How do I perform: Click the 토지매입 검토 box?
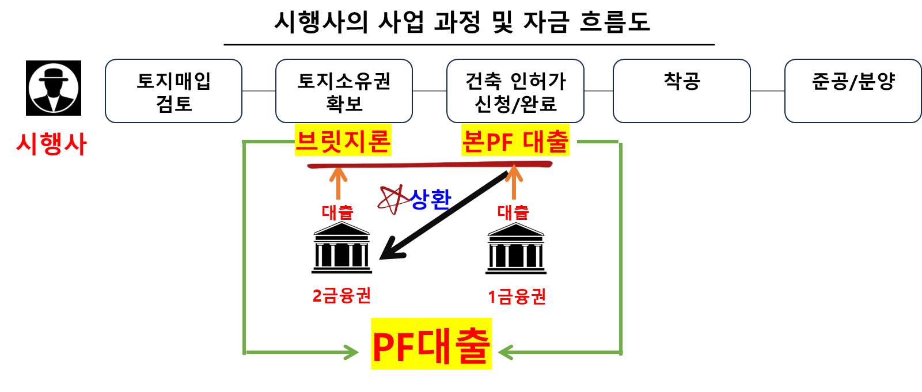[x=173, y=91]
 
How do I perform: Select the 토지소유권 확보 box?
[x=344, y=91]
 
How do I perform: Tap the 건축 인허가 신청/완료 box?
[x=515, y=91]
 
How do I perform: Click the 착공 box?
[x=682, y=91]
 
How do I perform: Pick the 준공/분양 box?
[x=853, y=91]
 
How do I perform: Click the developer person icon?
[x=54, y=88]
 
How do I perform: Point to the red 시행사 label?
[x=51, y=143]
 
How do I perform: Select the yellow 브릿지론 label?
[x=343, y=140]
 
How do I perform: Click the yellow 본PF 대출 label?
[x=515, y=140]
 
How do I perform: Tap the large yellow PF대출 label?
[x=431, y=344]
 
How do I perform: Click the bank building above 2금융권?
[x=342, y=249]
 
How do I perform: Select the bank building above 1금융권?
[x=515, y=249]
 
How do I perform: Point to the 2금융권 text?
[x=342, y=296]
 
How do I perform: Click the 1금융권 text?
[x=517, y=297]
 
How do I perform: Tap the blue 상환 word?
[x=431, y=199]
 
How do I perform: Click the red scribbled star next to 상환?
[x=392, y=200]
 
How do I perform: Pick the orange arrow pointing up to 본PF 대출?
[x=514, y=182]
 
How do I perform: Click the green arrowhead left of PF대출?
[x=351, y=352]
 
